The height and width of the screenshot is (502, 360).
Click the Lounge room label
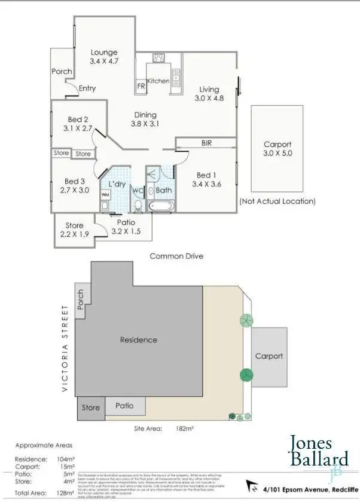103,53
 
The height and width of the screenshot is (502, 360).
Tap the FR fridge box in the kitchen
141,86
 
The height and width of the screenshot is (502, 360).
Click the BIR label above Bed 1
207,143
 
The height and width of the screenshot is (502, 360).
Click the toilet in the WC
138,206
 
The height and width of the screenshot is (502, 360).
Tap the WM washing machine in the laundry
105,195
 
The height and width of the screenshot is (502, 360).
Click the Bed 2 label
78,118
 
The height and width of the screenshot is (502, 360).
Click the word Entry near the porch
87,88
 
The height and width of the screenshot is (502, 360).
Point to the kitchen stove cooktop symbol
158,59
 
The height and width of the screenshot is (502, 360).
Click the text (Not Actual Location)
277,201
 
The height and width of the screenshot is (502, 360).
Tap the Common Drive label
176,256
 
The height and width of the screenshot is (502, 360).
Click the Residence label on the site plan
139,340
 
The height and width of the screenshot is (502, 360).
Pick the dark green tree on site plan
246,375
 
